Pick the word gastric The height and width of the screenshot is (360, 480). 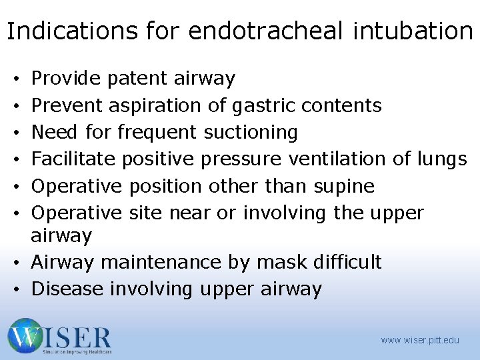point(261,105)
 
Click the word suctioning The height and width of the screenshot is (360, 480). point(251,132)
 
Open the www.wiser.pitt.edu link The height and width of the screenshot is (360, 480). point(420,340)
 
